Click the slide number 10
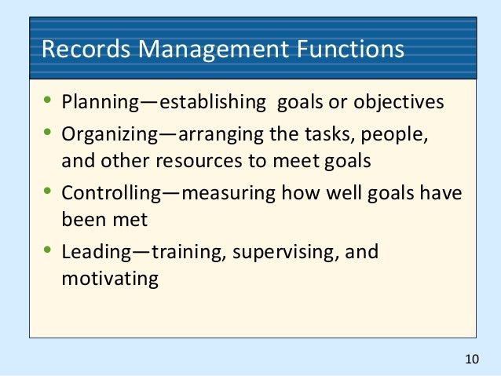point(471,360)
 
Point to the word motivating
point(110,279)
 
